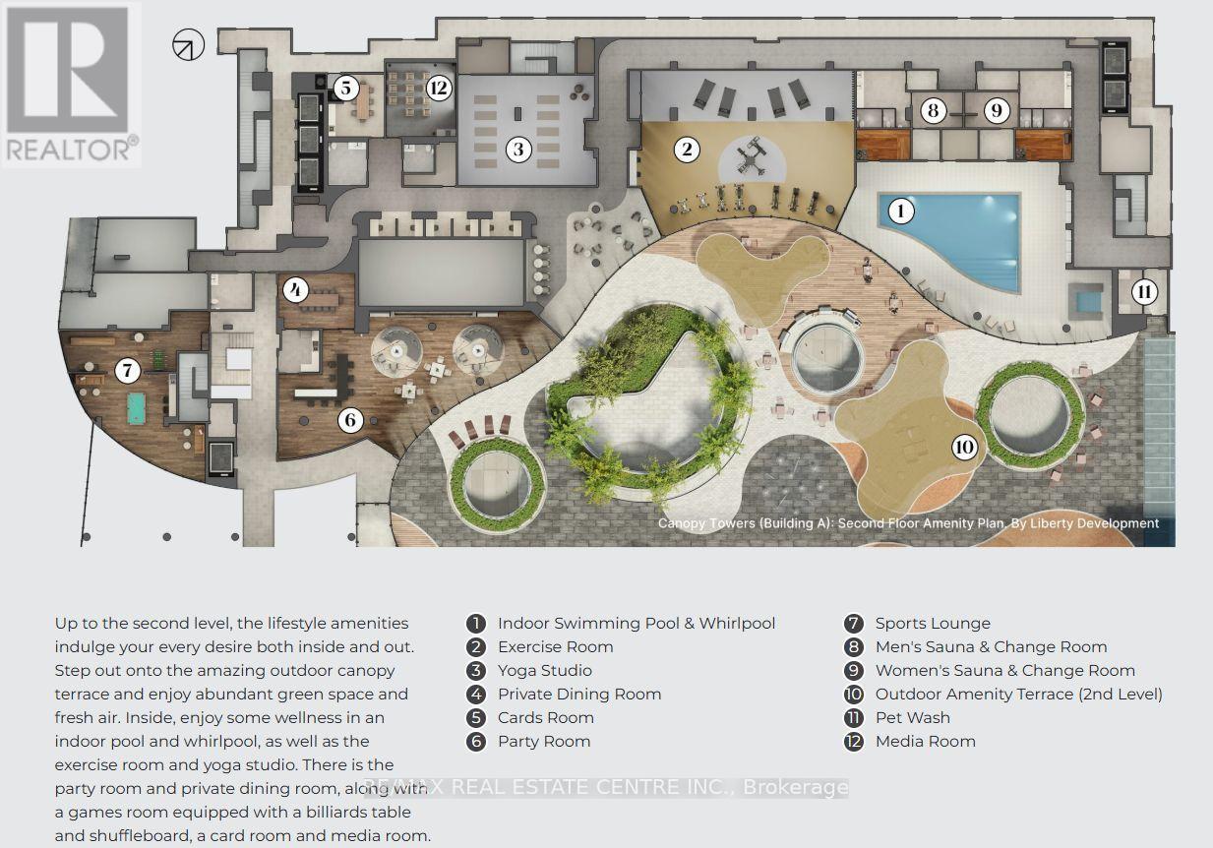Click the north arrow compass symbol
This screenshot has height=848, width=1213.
pos(189,44)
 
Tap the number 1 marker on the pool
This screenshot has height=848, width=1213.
pos(900,211)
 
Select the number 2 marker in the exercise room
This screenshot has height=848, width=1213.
pos(687,149)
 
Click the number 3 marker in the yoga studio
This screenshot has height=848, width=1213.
pos(518,149)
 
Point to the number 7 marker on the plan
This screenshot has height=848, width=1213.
pos(127,371)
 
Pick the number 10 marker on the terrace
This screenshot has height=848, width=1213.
pos(964,447)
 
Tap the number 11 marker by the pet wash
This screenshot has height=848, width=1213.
pos(1144,292)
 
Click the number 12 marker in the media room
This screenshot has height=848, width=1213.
pos(439,88)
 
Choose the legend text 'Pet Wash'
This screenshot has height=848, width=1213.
pos(913,717)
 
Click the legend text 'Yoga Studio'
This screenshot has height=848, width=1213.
pos(545,670)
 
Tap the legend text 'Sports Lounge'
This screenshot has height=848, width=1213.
pos(933,624)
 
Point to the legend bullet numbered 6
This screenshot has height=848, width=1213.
pos(475,742)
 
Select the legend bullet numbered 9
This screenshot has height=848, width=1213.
pos(854,670)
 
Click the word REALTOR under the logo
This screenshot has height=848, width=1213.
pos(69,149)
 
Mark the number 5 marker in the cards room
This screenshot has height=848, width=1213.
pos(345,88)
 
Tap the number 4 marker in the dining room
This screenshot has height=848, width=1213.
pos(296,291)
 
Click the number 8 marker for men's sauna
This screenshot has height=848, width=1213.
pos(933,110)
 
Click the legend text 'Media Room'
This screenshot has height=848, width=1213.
pos(926,742)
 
